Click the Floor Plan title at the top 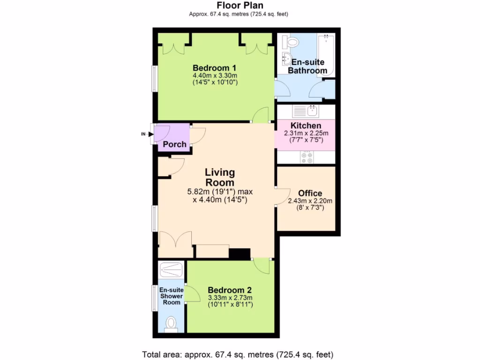240,6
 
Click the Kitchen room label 306,126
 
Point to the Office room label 310,193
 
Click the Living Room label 220,178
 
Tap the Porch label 174,144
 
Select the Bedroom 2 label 226,290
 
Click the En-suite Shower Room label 171,296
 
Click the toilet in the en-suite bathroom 292,42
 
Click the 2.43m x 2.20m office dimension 310,201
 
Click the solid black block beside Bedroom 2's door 240,253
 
